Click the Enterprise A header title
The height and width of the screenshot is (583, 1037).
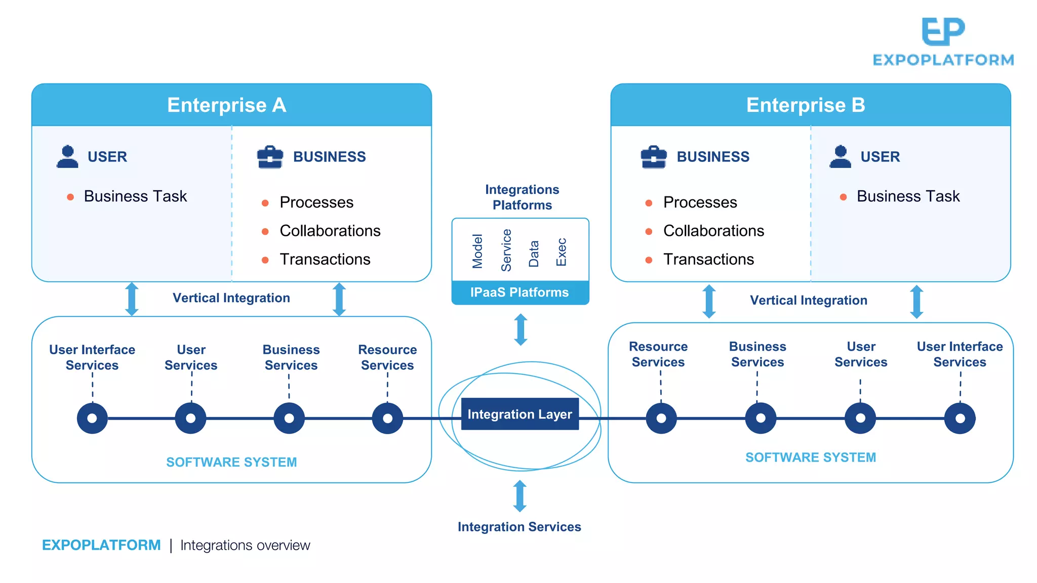pyautogui.click(x=226, y=105)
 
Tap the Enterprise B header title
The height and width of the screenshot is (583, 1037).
pyautogui.click(x=805, y=105)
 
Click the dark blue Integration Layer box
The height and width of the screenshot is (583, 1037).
pyautogui.click(x=520, y=414)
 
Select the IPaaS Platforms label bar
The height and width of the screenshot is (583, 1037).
pyautogui.click(x=520, y=293)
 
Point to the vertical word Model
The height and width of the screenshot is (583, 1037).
pyautogui.click(x=477, y=251)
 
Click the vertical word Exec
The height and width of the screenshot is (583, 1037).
pyautogui.click(x=561, y=252)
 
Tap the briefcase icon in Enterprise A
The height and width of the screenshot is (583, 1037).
pyautogui.click(x=270, y=157)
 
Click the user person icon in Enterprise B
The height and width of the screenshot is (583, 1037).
pyautogui.click(x=840, y=157)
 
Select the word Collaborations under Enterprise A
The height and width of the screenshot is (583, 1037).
pyautogui.click(x=330, y=231)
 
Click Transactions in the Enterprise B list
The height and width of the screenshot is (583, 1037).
pyautogui.click(x=708, y=259)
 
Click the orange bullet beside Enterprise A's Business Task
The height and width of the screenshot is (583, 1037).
pyautogui.click(x=70, y=197)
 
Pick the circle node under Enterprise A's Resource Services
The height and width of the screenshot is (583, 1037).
pyautogui.click(x=387, y=418)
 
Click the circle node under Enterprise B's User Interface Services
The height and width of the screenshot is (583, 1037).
pyautogui.click(x=960, y=418)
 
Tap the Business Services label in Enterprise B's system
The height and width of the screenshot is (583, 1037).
pyautogui.click(x=757, y=354)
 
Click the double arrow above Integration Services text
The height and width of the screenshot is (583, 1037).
pyautogui.click(x=520, y=496)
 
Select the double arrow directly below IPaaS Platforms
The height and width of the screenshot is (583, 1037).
pyautogui.click(x=521, y=329)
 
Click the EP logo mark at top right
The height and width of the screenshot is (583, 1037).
pyautogui.click(x=943, y=31)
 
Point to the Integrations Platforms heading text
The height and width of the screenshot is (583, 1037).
pyautogui.click(x=522, y=197)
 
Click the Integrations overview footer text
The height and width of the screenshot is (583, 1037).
pyautogui.click(x=245, y=545)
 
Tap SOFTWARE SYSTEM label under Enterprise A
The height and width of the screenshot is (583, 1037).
pyautogui.click(x=231, y=462)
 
